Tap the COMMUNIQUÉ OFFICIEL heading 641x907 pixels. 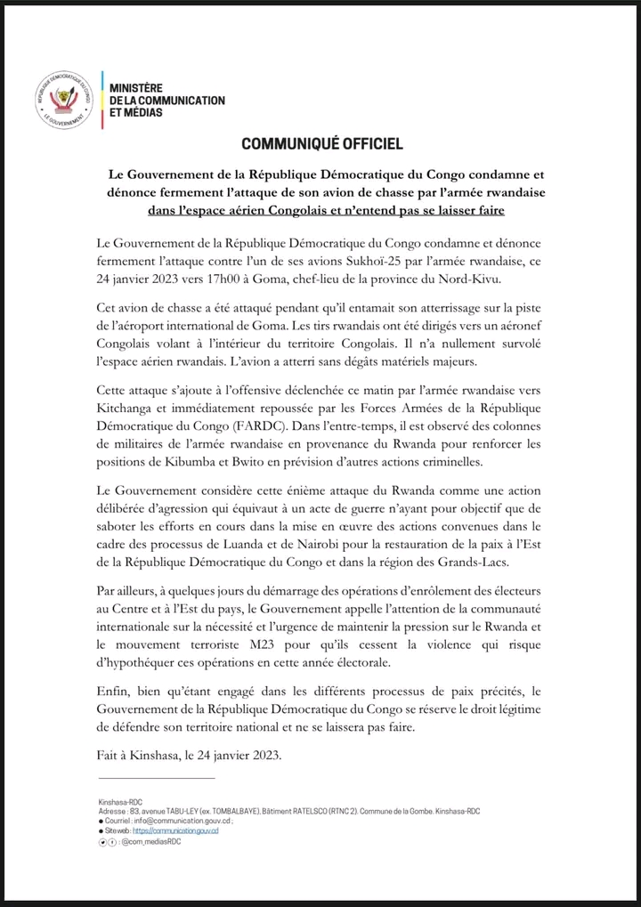(321, 143)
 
